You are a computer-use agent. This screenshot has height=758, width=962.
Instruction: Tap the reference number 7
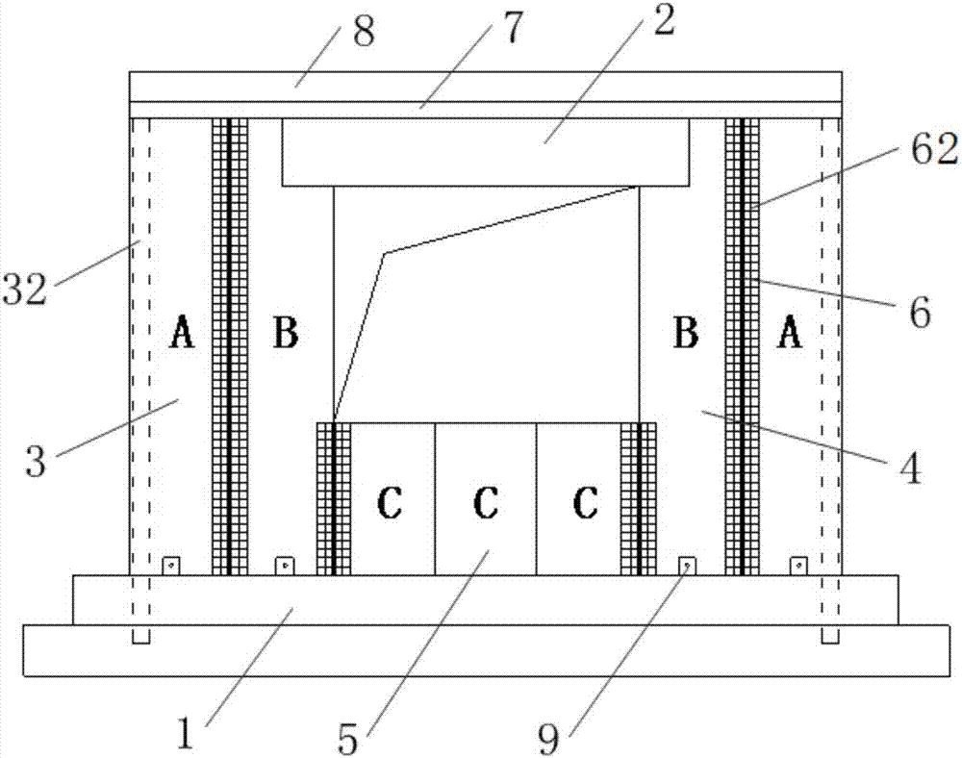(511, 30)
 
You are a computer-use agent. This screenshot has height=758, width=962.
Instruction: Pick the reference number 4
(909, 467)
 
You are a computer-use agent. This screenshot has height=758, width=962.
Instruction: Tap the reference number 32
(23, 289)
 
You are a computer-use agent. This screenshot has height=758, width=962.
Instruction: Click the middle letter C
(486, 503)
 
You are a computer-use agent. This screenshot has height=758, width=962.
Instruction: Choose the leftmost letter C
(388, 503)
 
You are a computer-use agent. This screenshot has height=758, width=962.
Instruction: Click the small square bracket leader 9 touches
(686, 566)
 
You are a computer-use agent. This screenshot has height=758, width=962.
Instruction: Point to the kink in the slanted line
(385, 254)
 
